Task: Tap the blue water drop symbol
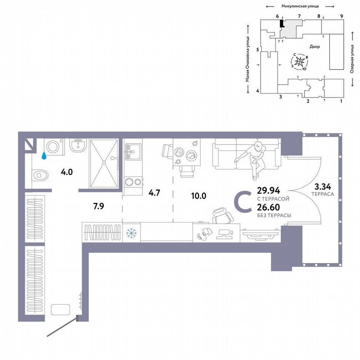point(43,156)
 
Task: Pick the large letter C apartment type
point(243,201)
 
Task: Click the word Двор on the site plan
point(315,47)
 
